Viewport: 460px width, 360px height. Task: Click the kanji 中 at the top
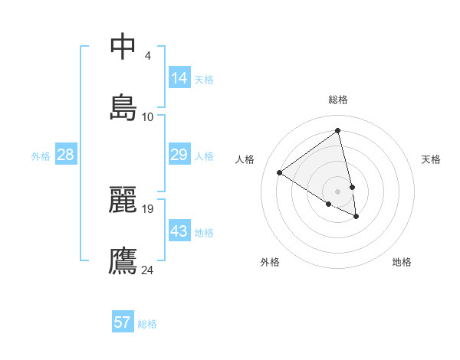click(123, 47)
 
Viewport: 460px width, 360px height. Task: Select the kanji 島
click(123, 107)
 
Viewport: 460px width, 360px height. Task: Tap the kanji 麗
click(123, 200)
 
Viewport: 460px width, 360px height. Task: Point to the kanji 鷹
click(123, 260)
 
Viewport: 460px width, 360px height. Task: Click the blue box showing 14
click(179, 78)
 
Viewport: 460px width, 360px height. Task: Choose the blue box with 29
click(179, 155)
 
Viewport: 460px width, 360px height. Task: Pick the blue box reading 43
click(179, 231)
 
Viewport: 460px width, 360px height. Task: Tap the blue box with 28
click(66, 155)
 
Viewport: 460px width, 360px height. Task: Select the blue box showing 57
click(123, 322)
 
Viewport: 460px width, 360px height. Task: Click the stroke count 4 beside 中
click(148, 56)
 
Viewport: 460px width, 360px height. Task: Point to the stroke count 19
click(148, 208)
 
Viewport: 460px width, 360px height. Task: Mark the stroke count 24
click(148, 269)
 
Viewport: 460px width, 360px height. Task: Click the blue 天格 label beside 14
click(204, 80)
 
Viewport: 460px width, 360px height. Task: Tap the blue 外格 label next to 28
click(41, 156)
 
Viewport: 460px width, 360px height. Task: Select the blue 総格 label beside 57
click(147, 324)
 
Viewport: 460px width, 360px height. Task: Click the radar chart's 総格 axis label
click(338, 100)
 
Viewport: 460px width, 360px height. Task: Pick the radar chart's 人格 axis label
click(245, 159)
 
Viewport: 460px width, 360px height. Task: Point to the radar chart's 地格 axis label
click(402, 262)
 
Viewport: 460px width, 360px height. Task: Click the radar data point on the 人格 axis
click(280, 173)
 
